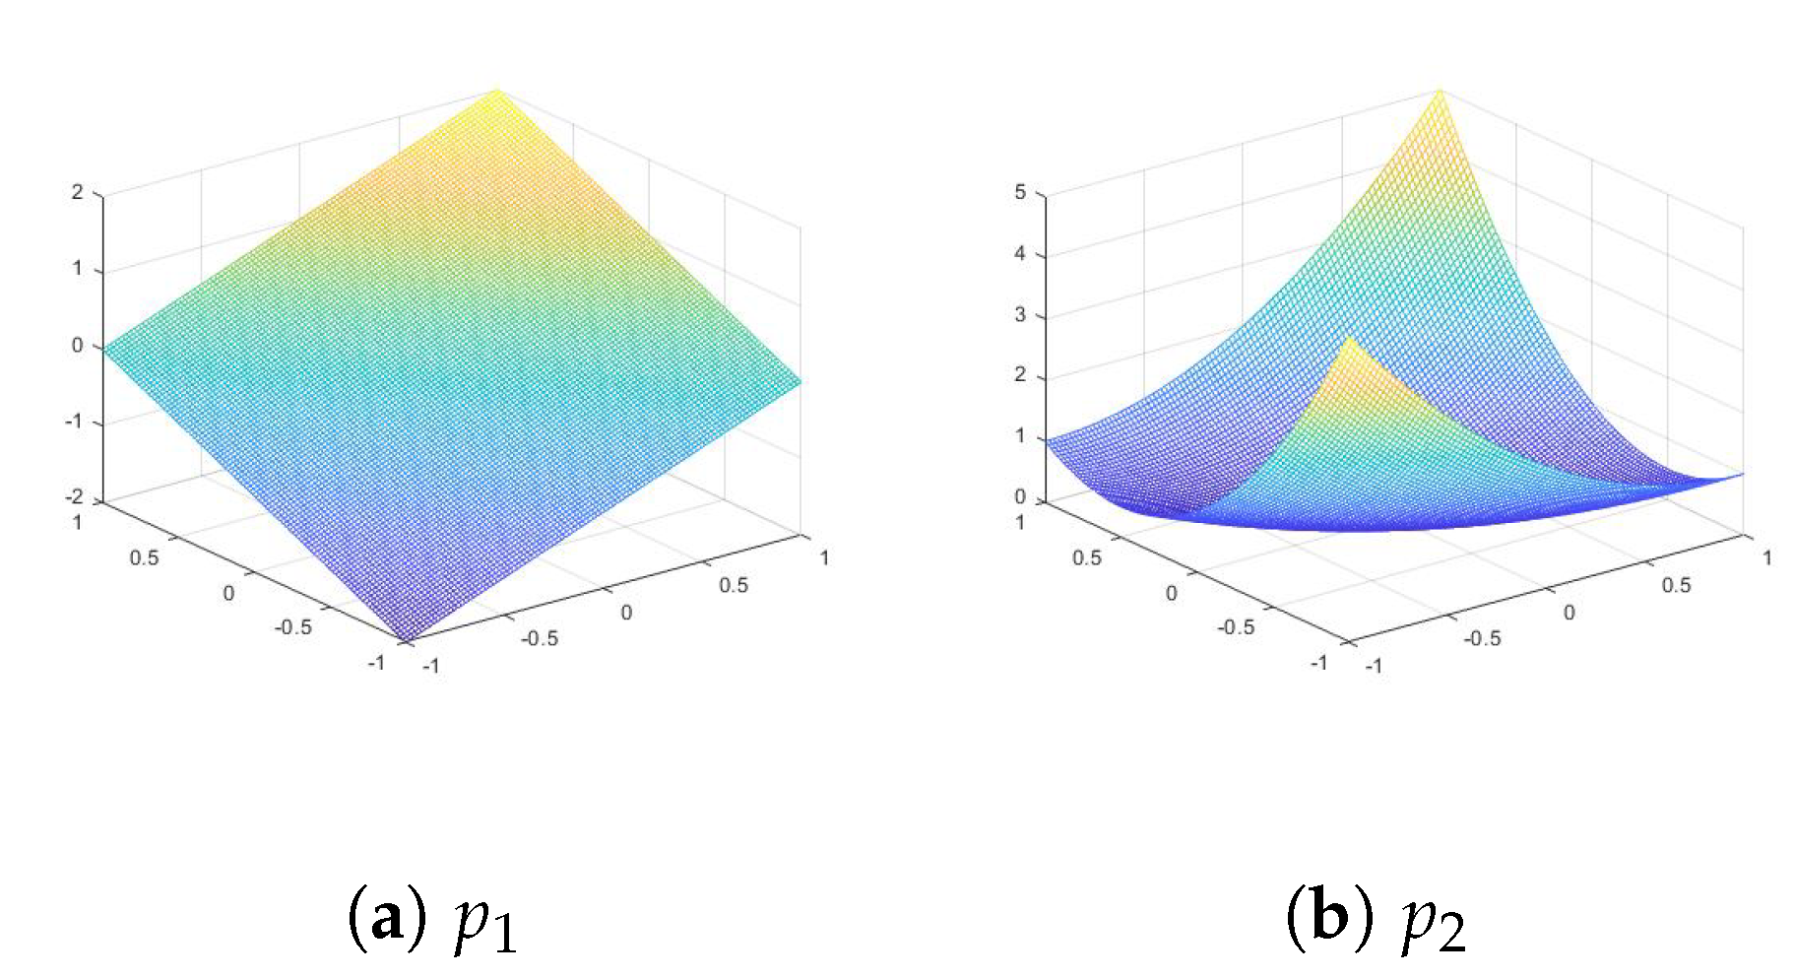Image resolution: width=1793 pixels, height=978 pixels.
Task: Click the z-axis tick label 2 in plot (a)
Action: point(77,192)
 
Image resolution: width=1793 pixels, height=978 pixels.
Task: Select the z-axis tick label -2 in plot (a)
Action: point(74,496)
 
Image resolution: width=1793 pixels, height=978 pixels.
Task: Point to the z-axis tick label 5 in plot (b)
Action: point(1020,192)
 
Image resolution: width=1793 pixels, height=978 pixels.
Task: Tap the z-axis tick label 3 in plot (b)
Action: point(1020,314)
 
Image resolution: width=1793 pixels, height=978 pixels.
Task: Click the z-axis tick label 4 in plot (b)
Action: point(1020,253)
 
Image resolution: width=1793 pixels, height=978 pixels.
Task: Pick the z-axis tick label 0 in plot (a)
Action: point(77,345)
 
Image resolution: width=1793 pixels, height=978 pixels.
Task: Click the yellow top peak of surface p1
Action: point(496,91)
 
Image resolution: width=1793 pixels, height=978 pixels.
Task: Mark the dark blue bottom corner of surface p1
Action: point(407,638)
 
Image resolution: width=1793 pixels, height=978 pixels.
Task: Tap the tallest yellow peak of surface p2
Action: point(1440,92)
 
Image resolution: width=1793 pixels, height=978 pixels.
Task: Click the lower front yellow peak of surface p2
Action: point(1349,341)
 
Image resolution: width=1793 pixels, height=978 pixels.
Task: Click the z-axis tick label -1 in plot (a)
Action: point(74,421)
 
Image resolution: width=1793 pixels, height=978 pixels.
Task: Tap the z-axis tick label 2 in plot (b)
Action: point(1020,374)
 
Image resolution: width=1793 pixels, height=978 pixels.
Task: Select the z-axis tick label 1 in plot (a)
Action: point(77,268)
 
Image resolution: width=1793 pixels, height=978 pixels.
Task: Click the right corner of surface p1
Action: point(799,380)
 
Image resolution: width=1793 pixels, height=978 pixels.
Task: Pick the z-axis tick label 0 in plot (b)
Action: point(1020,496)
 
